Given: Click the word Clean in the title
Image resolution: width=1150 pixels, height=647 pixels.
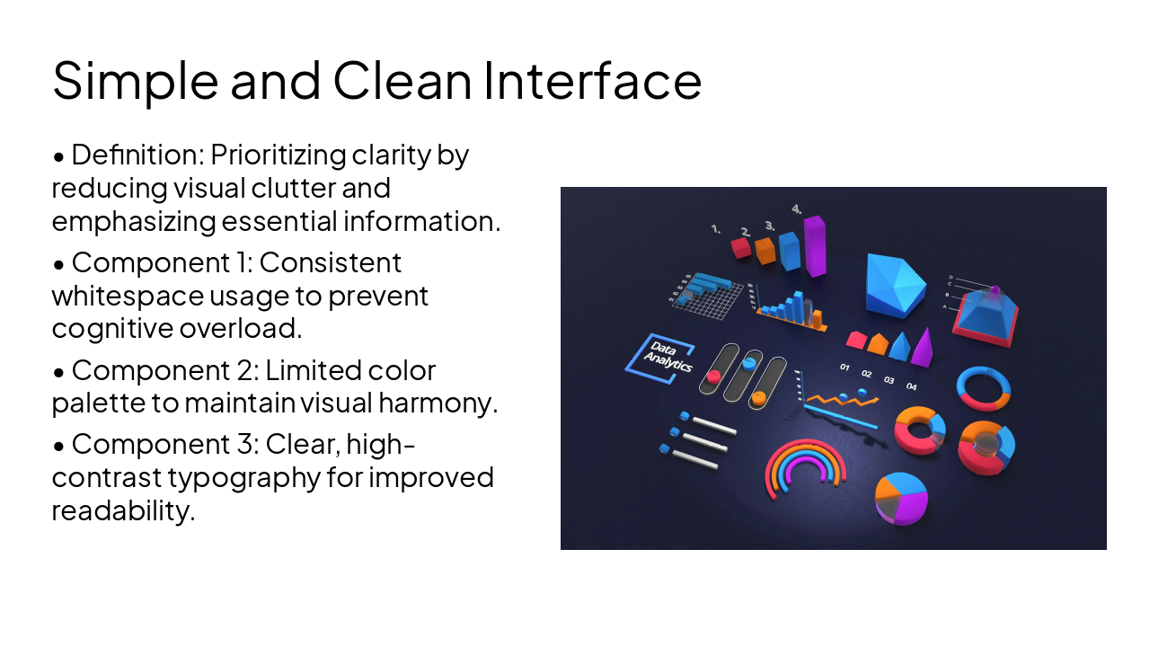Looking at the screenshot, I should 402,80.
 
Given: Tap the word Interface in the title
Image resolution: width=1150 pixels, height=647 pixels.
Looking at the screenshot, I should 592,80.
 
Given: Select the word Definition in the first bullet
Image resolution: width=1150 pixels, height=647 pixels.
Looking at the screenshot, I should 137,155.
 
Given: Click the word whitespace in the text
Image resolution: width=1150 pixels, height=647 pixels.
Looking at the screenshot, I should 127,296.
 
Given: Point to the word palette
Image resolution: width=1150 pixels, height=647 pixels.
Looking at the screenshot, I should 100,403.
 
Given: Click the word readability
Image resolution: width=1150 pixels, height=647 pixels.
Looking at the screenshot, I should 122,510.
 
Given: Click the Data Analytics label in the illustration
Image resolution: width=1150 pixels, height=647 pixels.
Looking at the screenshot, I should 660,359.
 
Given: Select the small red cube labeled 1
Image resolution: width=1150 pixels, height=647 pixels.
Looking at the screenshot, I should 741,247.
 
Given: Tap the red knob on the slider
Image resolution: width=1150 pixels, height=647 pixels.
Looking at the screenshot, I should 714,376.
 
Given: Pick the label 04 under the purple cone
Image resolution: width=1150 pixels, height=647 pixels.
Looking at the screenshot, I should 911,386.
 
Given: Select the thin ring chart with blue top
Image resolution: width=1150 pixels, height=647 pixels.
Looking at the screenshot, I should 984,387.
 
